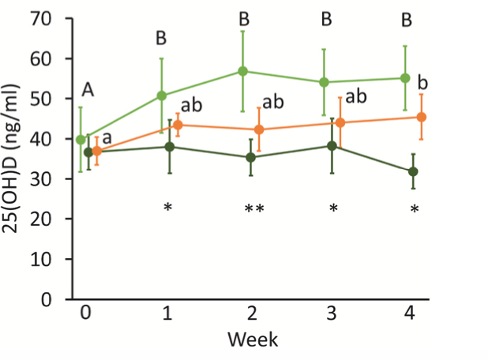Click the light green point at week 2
(x=243, y=71)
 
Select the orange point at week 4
(x=422, y=117)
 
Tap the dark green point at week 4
(x=413, y=171)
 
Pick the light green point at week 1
(x=162, y=96)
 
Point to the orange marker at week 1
(x=178, y=125)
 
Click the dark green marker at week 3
(x=332, y=145)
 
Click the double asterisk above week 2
(x=254, y=209)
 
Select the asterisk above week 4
(x=414, y=209)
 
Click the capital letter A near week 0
(x=88, y=92)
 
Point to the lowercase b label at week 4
(x=422, y=83)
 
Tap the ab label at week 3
(x=357, y=96)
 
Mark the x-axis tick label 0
(x=84, y=313)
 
